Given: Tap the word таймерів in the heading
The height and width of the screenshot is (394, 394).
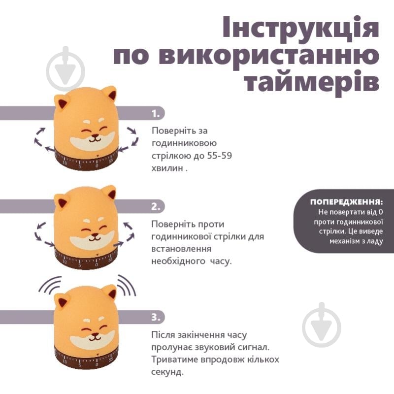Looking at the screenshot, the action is pos(312,81).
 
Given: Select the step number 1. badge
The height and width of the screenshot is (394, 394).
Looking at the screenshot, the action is pos(156,114).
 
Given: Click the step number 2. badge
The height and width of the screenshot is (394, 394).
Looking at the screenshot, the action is pos(156,206).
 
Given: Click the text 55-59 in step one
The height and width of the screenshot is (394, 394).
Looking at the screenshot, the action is pos(220,156).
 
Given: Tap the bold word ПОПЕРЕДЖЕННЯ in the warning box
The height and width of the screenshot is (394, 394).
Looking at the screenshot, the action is pos(346,202).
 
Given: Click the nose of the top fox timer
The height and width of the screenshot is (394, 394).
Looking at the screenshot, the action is pos(94,136).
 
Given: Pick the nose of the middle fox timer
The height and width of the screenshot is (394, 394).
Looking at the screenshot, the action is pos(94,235).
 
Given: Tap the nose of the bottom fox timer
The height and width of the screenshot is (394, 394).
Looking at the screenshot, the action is pos(94,335).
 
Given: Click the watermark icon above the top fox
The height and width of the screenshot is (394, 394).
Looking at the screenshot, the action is pos(66,69).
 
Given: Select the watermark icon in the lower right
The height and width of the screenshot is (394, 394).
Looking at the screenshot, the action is pos(322,325).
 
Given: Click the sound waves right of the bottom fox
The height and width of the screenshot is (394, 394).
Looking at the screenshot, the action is pos(127,285).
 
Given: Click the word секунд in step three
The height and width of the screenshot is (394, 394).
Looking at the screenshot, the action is pos(167,372).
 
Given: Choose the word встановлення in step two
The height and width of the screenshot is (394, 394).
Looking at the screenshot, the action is pos(181,249).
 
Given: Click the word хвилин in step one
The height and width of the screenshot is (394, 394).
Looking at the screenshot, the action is pos(167,168).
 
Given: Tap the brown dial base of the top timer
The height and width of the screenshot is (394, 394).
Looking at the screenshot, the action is pos(86,161).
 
